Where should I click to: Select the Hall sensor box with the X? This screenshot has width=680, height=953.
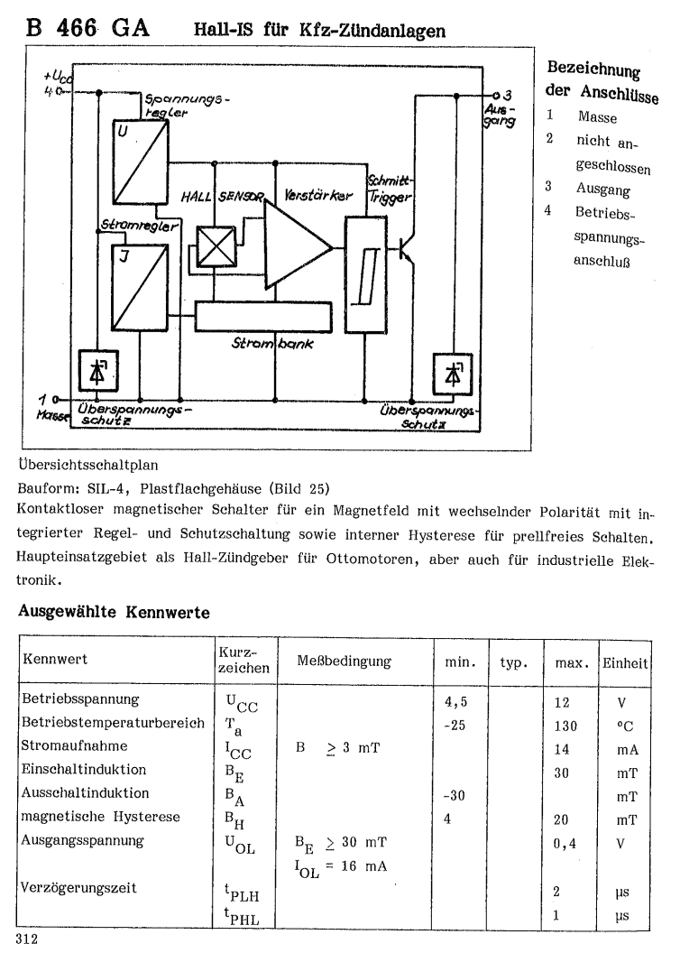(216, 245)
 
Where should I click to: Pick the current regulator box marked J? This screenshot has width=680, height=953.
(139, 286)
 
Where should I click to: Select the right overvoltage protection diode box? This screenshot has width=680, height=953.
(449, 372)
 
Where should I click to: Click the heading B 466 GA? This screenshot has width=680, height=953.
(87, 29)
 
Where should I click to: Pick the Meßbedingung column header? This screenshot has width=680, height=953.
(344, 662)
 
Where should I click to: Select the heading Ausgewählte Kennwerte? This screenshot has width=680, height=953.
(115, 611)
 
